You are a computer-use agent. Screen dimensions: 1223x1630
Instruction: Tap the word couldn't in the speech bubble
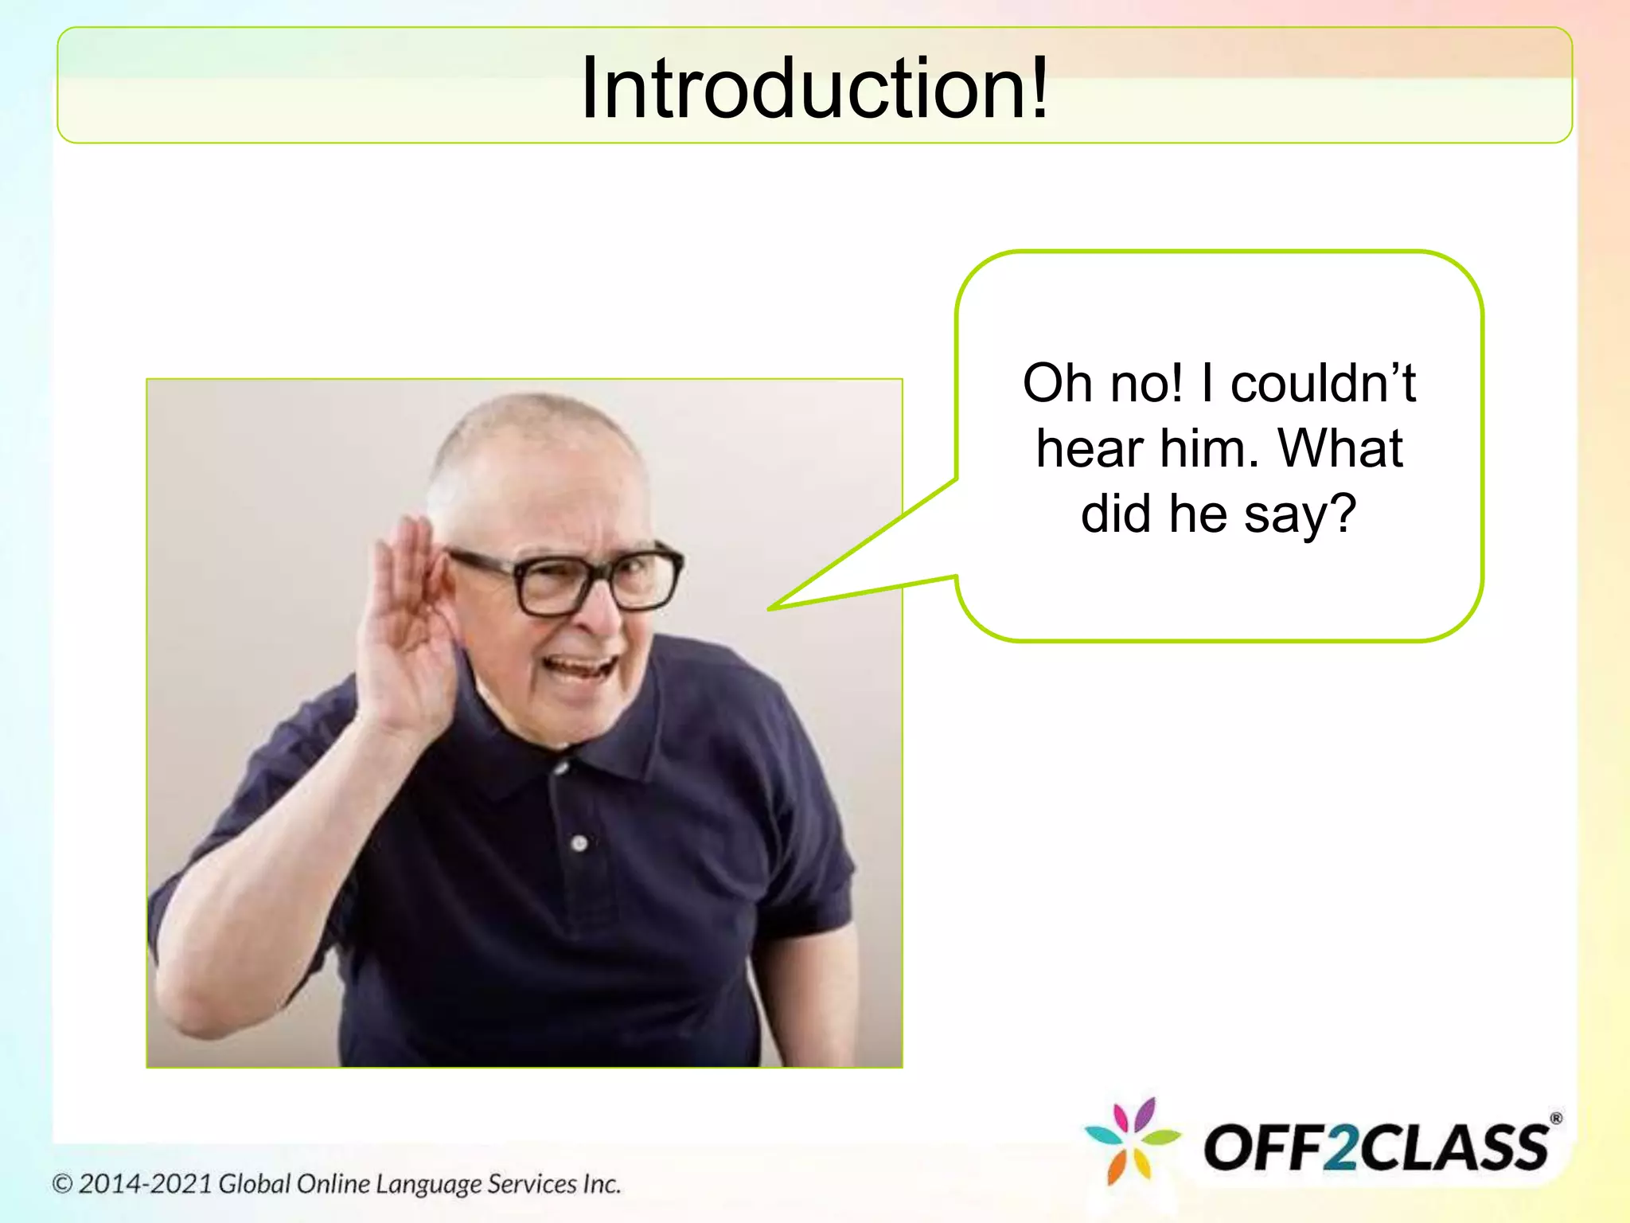[1323, 384]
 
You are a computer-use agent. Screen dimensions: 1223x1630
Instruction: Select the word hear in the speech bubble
[1089, 449]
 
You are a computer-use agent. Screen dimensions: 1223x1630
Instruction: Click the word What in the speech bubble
[1340, 449]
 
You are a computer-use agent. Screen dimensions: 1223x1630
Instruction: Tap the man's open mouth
[581, 665]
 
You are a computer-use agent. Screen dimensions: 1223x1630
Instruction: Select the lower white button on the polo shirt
[579, 842]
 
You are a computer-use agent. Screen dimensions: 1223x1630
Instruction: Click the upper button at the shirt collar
[562, 768]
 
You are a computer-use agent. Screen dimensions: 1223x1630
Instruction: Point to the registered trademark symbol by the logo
[1556, 1119]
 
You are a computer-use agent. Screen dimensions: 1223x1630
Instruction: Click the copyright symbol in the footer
[62, 1184]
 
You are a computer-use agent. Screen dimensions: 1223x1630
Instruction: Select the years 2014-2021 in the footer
[145, 1184]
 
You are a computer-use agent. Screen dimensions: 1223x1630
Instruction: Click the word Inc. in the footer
[601, 1184]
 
